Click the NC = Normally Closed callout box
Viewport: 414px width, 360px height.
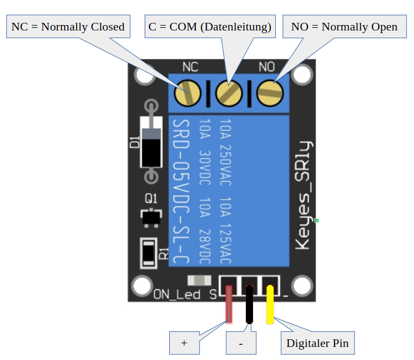pyautogui.click(x=68, y=27)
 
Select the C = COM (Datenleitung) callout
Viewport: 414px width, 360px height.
pyautogui.click(x=209, y=27)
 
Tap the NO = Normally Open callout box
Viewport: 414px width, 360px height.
pyautogui.click(x=344, y=27)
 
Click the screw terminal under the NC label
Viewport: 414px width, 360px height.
pyautogui.click(x=188, y=93)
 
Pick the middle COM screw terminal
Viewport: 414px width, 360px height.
pyautogui.click(x=228, y=93)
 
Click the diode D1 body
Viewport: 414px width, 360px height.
pyautogui.click(x=151, y=142)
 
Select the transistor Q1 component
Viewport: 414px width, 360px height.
pyautogui.click(x=151, y=217)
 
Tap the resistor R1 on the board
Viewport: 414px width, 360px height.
pyautogui.click(x=148, y=253)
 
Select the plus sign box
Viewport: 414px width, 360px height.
pyautogui.click(x=184, y=343)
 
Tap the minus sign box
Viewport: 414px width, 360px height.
pyautogui.click(x=240, y=343)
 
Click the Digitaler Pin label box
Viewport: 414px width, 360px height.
pyautogui.click(x=317, y=343)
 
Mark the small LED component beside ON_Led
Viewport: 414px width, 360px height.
pyautogui.click(x=199, y=281)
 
